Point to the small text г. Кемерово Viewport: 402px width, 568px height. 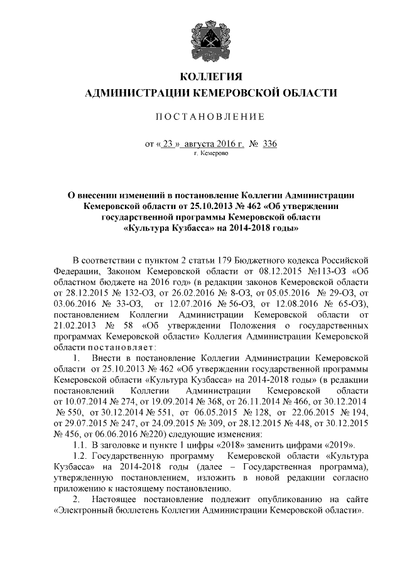(x=210, y=153)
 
